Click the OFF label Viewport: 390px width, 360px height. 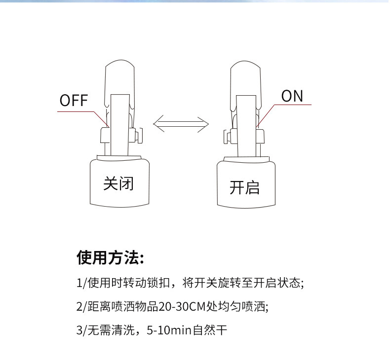point(74,101)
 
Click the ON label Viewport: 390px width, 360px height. point(292,96)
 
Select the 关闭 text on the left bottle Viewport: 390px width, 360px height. point(118,183)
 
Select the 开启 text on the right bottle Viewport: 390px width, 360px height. point(244,187)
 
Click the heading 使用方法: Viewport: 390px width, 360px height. point(110,257)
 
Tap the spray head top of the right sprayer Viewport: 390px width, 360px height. point(245,69)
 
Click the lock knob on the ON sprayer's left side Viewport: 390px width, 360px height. point(227,135)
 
